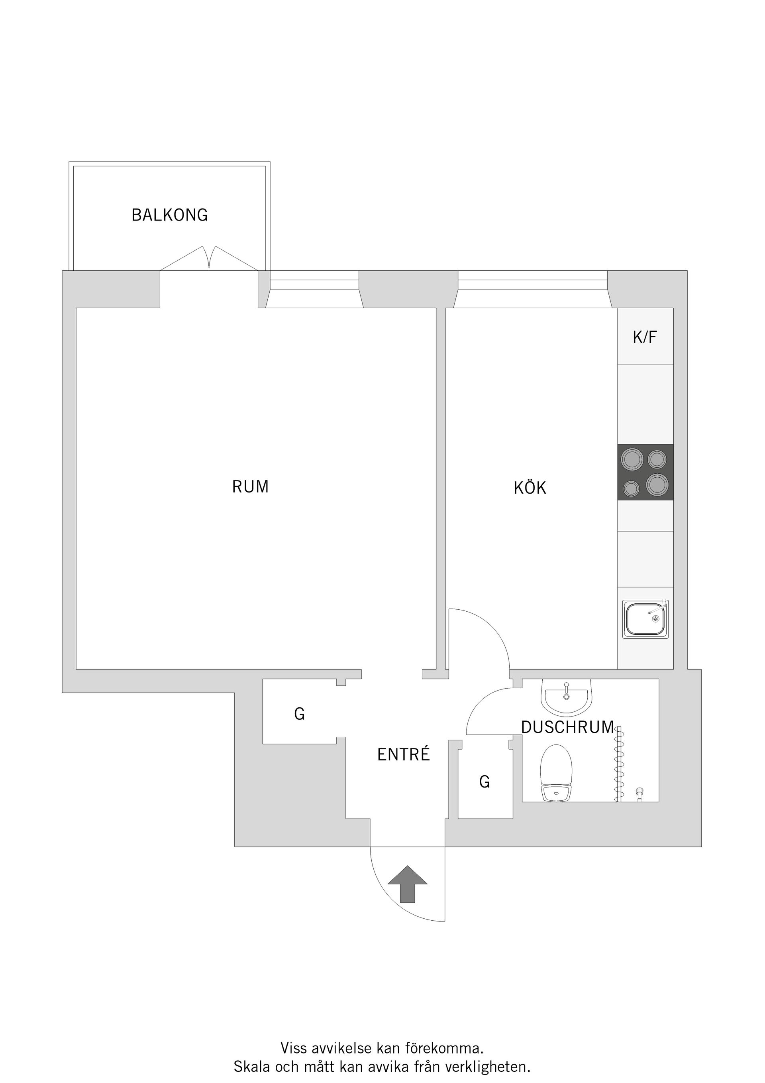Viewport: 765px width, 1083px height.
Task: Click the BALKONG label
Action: tap(170, 215)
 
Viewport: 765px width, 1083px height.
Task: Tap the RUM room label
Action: tap(250, 487)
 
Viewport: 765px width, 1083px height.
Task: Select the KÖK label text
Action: tap(530, 488)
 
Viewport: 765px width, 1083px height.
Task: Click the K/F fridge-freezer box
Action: tap(645, 337)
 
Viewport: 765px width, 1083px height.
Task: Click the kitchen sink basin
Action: tap(645, 619)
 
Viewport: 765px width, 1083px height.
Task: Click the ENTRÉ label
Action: tap(404, 755)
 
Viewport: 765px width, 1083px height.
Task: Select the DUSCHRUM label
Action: tap(567, 727)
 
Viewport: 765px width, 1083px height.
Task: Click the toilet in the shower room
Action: tap(556, 773)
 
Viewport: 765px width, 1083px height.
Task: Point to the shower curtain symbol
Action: tap(618, 764)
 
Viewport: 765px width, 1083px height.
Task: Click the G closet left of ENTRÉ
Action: tap(299, 714)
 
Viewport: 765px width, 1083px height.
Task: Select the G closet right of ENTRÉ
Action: tap(484, 782)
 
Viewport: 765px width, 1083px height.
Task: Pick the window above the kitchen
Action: tap(532, 284)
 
